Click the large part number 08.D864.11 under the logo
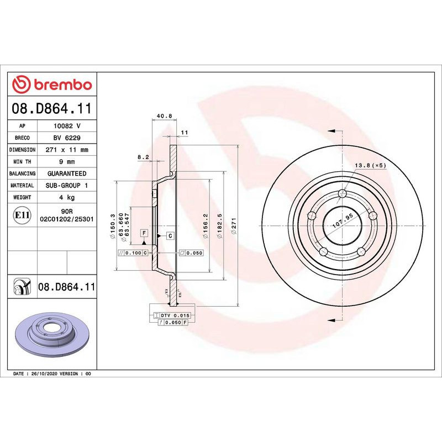pos(51,109)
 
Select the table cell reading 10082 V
pos(67,126)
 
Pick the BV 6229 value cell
pos(67,138)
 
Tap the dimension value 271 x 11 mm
pos(67,150)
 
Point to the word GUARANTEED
pos(67,173)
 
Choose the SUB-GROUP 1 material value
pos(67,186)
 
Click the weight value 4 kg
pos(67,197)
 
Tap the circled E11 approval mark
pos(22,215)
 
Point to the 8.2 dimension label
pos(143,157)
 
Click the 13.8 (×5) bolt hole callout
pos(370,165)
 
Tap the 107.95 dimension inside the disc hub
pos(341,220)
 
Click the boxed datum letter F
pos(144,233)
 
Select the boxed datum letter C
pos(170,236)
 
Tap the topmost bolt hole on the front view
pos(342,193)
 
